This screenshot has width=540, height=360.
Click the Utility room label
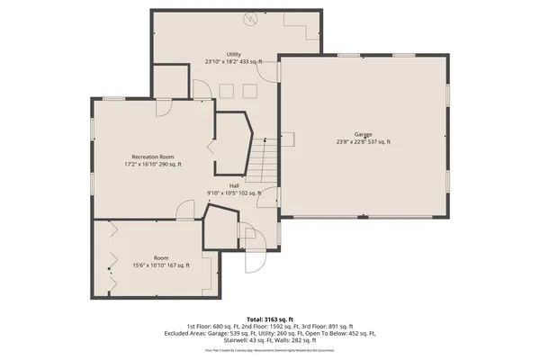[233, 54]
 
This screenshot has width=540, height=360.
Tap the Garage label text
[363, 134]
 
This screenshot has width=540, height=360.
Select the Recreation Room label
[152, 157]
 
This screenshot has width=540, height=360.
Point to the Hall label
[233, 185]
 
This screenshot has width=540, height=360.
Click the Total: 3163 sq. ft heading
[269, 319]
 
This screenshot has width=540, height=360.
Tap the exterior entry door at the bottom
[253, 262]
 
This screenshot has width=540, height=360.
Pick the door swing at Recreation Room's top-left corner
[165, 109]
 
